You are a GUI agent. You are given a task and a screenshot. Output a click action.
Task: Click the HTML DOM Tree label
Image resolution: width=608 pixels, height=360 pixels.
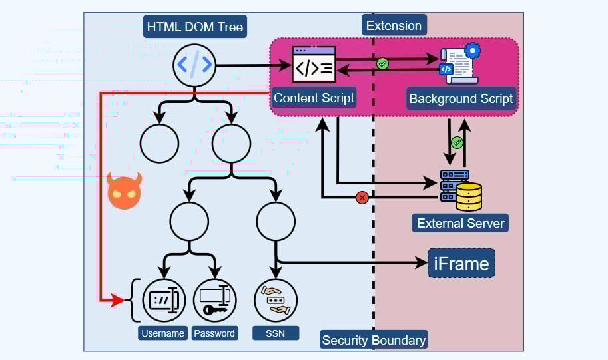[x=194, y=27]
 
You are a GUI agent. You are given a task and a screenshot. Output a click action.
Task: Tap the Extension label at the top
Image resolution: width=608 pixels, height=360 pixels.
[x=394, y=26]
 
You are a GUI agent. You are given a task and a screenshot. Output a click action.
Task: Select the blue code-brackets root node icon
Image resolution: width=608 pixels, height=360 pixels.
[x=194, y=65]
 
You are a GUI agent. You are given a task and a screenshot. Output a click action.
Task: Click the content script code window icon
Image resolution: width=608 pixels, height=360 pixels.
[x=314, y=65]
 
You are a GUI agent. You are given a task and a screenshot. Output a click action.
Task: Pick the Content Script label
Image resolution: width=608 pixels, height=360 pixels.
[x=314, y=98]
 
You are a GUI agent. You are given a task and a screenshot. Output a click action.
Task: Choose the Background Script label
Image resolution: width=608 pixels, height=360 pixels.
[x=461, y=99]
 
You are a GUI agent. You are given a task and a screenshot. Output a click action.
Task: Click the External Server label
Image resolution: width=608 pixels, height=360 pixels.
[x=460, y=223]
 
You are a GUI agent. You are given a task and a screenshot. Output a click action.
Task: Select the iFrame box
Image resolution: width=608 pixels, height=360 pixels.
[x=461, y=264]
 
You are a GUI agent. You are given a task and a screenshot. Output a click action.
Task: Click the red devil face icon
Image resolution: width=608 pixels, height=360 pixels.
[x=125, y=191]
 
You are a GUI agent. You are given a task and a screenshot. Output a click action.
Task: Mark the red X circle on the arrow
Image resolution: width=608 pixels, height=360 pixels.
[x=362, y=197]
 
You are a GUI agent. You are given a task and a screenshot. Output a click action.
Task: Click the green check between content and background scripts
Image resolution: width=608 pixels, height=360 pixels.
[x=382, y=64]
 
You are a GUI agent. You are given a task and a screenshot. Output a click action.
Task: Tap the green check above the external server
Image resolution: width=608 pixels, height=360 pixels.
[x=457, y=142]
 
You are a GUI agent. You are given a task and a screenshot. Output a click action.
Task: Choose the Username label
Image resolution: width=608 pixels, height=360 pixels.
[x=162, y=333]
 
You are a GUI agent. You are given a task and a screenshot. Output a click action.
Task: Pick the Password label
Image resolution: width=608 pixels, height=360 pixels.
[x=214, y=333]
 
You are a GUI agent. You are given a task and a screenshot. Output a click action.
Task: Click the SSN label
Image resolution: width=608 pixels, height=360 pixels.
[x=275, y=333]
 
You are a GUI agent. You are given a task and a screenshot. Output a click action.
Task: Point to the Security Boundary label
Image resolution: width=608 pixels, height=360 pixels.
[x=374, y=340]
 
